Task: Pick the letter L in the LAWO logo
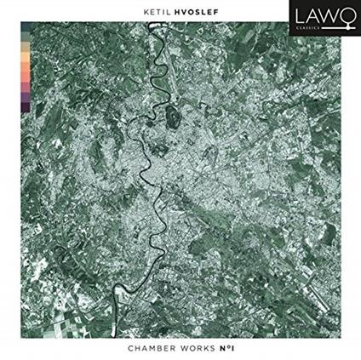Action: click(296, 17)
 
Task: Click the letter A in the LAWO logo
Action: click(309, 17)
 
